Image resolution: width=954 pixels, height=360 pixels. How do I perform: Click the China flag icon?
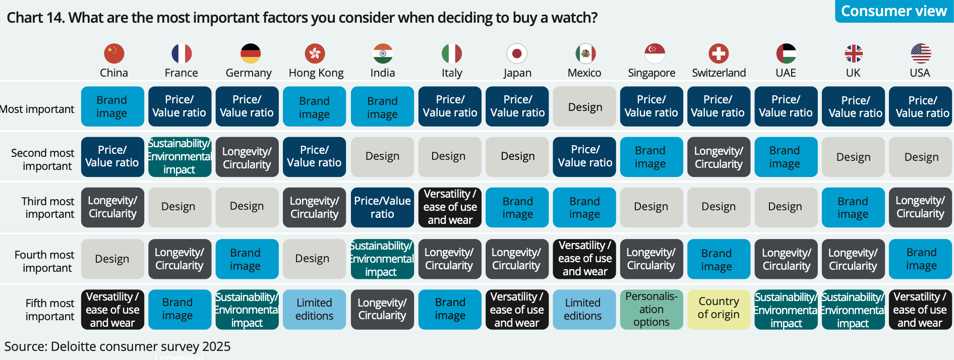[114, 53]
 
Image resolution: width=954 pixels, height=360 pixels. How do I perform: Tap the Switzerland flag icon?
[719, 53]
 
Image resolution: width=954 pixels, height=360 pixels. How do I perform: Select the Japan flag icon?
[517, 53]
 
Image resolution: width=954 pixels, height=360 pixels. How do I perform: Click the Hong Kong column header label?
[316, 73]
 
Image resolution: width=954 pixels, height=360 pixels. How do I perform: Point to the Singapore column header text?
[651, 73]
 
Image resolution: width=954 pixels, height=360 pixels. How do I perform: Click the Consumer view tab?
[893, 11]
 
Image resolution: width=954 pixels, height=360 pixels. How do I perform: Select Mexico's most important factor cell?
[584, 106]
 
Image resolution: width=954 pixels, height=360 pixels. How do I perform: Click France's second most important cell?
[180, 157]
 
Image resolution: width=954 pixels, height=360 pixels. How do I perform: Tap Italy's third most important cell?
[450, 207]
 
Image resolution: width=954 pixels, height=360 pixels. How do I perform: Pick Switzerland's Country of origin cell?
[719, 309]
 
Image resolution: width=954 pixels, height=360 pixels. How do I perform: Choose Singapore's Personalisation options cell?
[651, 309]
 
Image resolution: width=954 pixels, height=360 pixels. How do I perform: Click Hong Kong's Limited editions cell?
[314, 309]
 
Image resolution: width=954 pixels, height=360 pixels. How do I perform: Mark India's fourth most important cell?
[382, 259]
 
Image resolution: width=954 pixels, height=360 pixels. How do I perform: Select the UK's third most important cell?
[853, 207]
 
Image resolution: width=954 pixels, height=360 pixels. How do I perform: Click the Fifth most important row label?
[49, 310]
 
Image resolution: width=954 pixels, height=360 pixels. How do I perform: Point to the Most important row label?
[37, 109]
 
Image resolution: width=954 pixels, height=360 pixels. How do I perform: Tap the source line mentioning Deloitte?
[117, 346]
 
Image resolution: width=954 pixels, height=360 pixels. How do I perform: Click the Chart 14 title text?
[302, 18]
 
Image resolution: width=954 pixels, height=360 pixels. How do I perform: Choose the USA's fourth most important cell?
[920, 259]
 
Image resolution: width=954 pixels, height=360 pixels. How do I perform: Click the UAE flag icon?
[786, 53]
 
